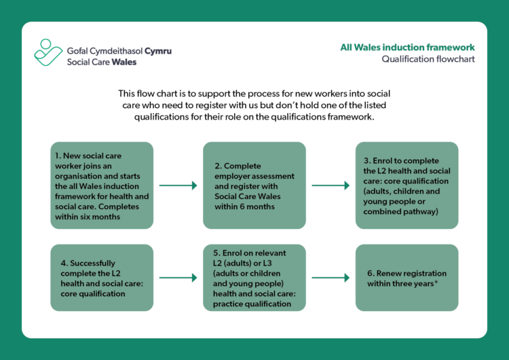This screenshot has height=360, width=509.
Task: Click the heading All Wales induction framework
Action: [407, 48]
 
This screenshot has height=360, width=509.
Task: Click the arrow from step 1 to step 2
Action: [178, 185]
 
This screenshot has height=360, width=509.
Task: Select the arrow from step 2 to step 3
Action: [330, 185]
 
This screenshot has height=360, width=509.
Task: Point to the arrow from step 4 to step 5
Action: [178, 278]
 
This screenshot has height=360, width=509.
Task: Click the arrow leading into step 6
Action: [330, 278]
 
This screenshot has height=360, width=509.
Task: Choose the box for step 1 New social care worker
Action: [102, 185]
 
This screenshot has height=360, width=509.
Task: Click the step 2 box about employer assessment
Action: [254, 185]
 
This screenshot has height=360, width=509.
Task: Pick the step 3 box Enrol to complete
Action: [407, 185]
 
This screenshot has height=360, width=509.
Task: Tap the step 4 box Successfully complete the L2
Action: [102, 278]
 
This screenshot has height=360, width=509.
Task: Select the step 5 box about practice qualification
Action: [254, 278]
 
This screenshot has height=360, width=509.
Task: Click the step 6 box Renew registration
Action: [407, 278]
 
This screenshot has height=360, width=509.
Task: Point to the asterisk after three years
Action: [435, 283]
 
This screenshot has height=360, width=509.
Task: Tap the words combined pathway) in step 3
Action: [401, 212]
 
